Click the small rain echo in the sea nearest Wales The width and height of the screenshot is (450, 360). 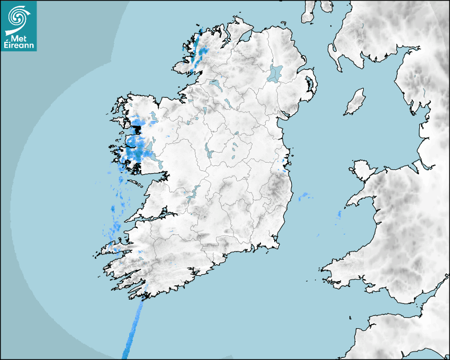(x=339, y=214)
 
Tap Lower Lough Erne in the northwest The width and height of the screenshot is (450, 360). (x=215, y=84)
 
